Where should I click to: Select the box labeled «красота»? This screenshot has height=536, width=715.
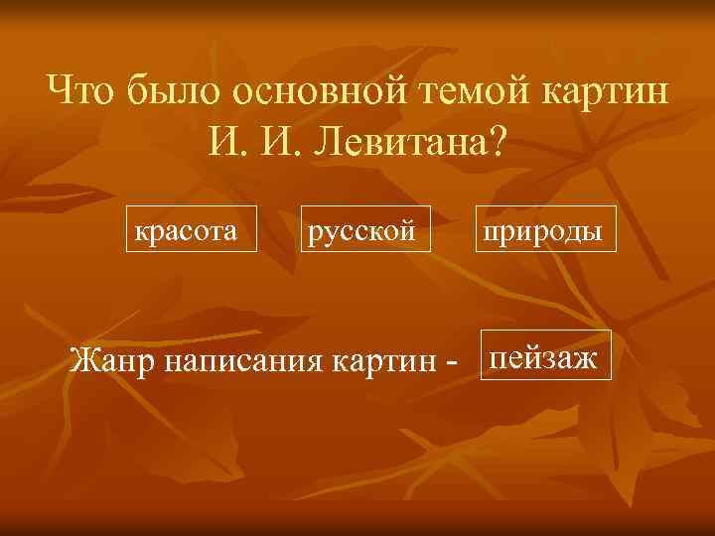191,229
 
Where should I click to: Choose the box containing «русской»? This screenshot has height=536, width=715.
366,229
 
